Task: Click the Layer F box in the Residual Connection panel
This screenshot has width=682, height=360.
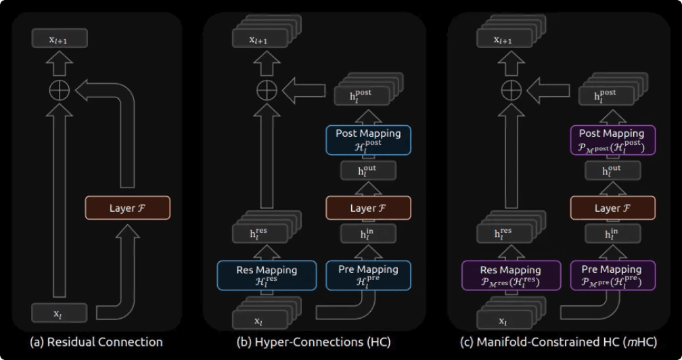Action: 127,208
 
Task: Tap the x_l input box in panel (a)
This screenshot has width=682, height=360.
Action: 60,313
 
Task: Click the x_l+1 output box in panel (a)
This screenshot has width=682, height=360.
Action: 60,40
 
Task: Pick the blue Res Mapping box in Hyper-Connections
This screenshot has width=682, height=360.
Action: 266,275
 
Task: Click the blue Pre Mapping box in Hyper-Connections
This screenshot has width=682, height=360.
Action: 368,275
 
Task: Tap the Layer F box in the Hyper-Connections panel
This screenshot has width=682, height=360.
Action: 368,208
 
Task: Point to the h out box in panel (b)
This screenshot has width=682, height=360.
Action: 368,171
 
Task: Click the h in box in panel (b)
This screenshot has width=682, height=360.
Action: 368,234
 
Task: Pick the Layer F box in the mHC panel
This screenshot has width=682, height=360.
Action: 612,208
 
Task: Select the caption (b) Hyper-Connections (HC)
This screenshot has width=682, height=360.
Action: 313,342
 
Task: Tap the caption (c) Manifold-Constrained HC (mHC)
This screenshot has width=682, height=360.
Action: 558,342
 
